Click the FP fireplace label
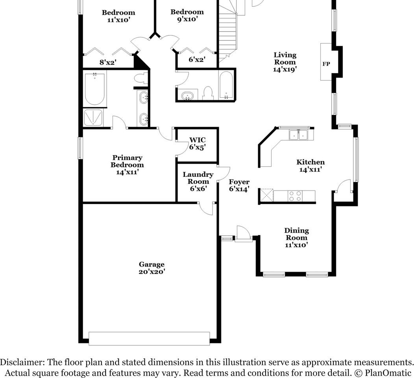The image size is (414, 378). [x=326, y=64]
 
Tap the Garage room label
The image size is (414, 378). [x=152, y=265]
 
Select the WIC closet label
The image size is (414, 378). [x=197, y=140]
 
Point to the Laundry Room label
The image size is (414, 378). [x=198, y=178]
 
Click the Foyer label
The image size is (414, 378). [x=239, y=182]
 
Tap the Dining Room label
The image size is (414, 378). [x=296, y=234]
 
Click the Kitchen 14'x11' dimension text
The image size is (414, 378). [x=310, y=170]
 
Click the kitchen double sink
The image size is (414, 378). [x=298, y=135]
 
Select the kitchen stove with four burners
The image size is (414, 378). [x=296, y=196]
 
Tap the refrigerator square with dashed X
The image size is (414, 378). [x=266, y=196]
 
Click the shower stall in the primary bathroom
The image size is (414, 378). [x=93, y=118]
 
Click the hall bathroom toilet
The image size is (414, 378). [x=207, y=93]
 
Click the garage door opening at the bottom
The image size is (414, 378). [x=149, y=338]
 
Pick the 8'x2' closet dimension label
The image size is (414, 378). [x=107, y=62]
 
